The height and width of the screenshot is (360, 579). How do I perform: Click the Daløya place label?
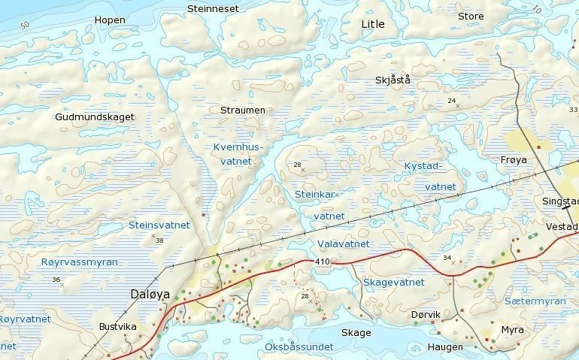(150, 295)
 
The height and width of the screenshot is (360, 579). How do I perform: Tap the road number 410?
(323, 262)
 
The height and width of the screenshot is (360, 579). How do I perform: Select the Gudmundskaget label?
(95, 117)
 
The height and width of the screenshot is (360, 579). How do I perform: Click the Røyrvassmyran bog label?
(79, 262)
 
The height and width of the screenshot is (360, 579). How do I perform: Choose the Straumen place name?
(243, 110)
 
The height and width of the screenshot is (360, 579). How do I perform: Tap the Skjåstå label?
(393, 80)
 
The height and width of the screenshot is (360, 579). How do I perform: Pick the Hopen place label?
(110, 20)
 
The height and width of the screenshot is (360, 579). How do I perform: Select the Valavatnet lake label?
(343, 244)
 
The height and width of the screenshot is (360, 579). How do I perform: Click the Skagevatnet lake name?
(393, 283)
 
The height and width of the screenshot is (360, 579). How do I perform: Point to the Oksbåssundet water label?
(299, 347)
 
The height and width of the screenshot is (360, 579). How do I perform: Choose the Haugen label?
(445, 347)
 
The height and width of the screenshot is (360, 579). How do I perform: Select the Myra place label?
(512, 330)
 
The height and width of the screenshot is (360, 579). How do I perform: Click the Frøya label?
(514, 160)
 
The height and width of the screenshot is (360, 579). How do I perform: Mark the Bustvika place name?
(118, 327)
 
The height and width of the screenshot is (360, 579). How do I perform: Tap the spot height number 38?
(159, 241)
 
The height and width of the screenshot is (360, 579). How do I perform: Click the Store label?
(471, 17)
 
